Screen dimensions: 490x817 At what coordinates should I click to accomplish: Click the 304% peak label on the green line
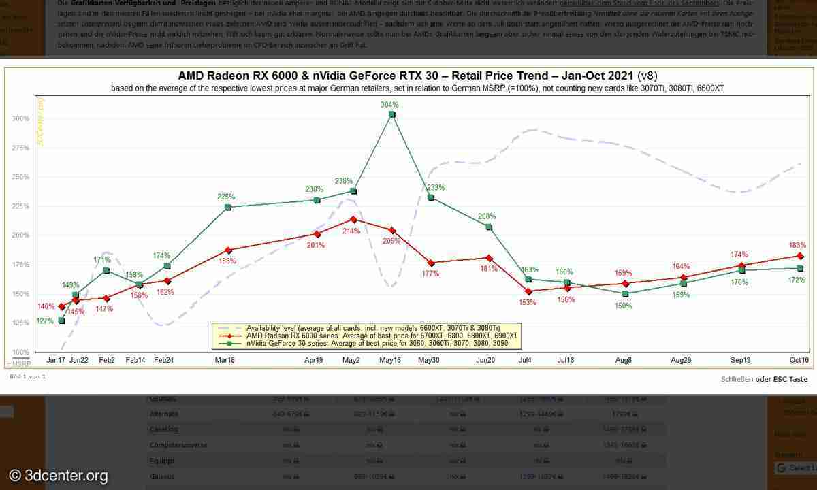[390, 105]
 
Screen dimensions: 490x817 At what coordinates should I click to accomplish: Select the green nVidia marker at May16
[391, 115]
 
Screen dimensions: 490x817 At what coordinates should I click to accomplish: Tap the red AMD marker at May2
[353, 219]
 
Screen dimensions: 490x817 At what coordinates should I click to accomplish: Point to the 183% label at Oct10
[798, 245]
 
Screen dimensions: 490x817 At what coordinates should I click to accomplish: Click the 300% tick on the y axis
[20, 118]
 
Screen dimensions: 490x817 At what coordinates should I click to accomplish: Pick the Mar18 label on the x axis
[225, 359]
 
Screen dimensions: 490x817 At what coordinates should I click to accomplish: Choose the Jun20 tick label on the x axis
[485, 359]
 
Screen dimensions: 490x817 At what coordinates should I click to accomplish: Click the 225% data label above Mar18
[227, 197]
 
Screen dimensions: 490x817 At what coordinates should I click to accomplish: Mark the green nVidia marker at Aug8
[626, 294]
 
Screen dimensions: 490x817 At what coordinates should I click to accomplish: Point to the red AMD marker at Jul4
[528, 291]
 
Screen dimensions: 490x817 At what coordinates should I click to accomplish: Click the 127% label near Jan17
[45, 321]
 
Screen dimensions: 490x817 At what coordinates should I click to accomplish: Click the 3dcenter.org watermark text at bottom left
[59, 476]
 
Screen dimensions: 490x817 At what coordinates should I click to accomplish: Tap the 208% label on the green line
[487, 216]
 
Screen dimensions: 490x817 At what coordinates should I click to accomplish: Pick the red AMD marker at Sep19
[741, 265]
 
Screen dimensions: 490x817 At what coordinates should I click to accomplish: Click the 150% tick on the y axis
[20, 294]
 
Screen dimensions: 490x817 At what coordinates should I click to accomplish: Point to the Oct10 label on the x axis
[799, 359]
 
